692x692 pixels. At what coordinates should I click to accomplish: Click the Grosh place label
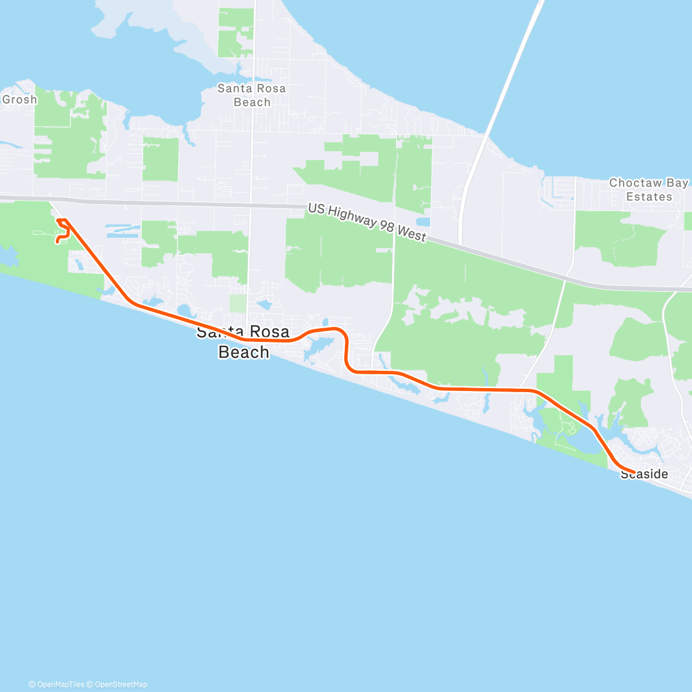(x=20, y=100)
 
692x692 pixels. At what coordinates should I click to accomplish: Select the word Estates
(x=649, y=197)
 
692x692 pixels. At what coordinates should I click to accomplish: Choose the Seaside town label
(x=645, y=475)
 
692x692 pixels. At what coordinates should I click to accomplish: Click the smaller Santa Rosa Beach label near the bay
(x=252, y=95)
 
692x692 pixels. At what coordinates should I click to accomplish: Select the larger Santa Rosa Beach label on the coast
(x=243, y=342)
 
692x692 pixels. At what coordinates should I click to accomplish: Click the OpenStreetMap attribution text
(x=121, y=685)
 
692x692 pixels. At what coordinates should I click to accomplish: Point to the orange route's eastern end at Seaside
(x=634, y=472)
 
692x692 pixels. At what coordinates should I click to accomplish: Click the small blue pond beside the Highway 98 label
(x=423, y=222)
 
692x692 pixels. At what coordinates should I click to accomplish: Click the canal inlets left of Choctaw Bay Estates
(x=556, y=190)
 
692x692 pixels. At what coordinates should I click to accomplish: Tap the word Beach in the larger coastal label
(x=243, y=352)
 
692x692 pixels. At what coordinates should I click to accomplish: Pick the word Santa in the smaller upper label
(x=234, y=89)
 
